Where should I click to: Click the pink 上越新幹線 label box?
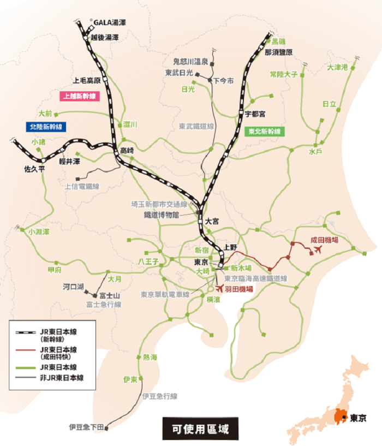[x=79, y=96]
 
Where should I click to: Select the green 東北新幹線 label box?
[x=264, y=132]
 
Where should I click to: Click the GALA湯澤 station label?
[x=110, y=22]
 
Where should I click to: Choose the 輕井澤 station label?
[x=69, y=162]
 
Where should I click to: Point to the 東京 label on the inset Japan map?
[x=357, y=419]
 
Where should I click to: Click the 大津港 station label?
[x=337, y=68]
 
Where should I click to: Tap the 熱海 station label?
[x=150, y=358]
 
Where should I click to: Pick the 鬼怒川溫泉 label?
[x=190, y=62]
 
